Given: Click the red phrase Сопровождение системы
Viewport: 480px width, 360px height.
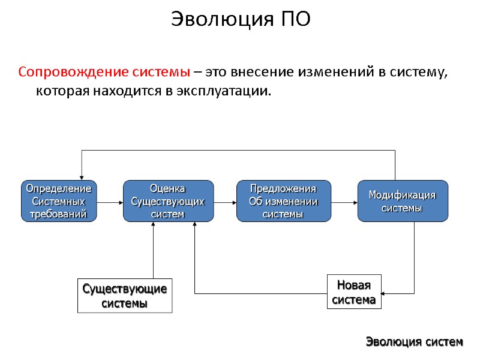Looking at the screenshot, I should tap(104, 72).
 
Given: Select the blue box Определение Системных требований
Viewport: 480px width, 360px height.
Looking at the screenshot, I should tap(59, 201).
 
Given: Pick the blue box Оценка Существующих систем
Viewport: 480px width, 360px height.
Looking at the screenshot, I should tap(168, 201).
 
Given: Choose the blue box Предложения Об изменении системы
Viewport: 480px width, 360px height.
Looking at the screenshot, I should tap(284, 201).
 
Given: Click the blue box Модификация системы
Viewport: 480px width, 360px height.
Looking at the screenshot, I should tap(402, 201).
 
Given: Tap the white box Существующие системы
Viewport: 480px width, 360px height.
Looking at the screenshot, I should tap(125, 295).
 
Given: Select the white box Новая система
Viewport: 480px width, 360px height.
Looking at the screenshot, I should tap(354, 292).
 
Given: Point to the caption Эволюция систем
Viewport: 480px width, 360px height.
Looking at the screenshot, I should tap(415, 342).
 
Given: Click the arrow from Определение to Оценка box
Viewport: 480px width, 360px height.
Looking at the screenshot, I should tap(110, 202).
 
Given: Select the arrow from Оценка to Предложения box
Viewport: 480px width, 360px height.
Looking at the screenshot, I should tap(225, 202).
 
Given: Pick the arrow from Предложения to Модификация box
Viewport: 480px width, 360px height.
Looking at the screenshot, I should tap(344, 202).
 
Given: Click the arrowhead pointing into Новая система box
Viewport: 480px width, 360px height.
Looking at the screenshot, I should tap(385, 293).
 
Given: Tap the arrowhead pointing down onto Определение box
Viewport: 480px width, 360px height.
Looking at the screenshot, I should tap(82, 176).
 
